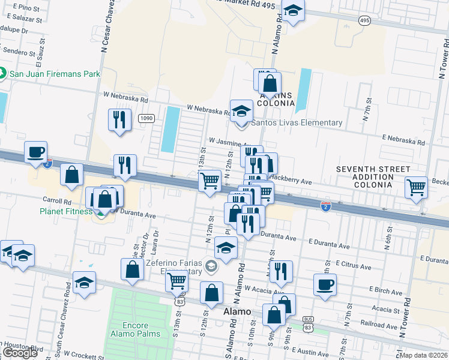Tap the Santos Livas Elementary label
click(296, 123)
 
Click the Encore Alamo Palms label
click(134, 329)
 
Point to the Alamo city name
click(237, 312)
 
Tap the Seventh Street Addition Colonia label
click(373, 177)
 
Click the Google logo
click(19, 353)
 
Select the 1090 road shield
click(146, 118)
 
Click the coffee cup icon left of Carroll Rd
click(35, 152)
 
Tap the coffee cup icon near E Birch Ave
click(325, 284)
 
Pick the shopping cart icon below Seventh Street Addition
click(416, 187)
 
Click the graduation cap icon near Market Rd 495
click(292, 11)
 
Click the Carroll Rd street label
click(57, 202)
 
